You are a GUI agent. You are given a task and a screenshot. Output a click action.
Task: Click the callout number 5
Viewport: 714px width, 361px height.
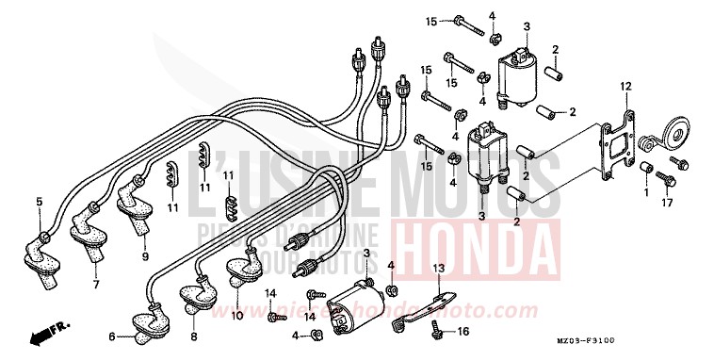[40, 201]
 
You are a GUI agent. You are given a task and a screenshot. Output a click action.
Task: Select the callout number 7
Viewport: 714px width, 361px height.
[95, 283]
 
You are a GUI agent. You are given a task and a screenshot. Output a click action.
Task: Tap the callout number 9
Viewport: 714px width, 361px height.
[146, 255]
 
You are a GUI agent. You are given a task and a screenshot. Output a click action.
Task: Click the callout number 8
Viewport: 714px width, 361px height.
[194, 336]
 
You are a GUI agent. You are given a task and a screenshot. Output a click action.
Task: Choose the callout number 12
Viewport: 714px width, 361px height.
[624, 86]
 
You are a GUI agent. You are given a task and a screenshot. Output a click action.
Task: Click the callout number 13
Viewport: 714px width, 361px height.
[437, 269]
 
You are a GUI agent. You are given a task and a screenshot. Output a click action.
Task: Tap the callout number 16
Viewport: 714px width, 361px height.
[462, 332]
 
